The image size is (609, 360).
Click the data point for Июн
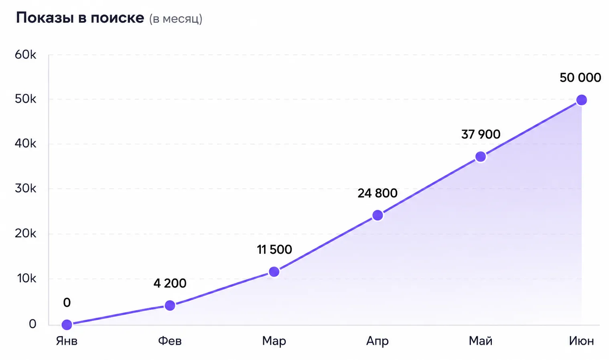[x=582, y=100]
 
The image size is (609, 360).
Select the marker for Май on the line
[x=480, y=156]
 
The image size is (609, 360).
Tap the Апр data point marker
[x=378, y=215]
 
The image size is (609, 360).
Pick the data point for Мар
[x=274, y=272]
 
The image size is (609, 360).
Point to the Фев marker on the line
[x=170, y=305]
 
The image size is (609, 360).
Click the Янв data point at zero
[x=67, y=324]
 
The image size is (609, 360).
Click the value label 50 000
[x=580, y=78]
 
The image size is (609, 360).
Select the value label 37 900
[x=481, y=134]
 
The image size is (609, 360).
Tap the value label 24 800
[x=378, y=193]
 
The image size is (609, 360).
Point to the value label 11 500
[x=274, y=249]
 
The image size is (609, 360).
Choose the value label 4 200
[x=170, y=283]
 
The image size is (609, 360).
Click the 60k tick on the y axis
[x=25, y=55]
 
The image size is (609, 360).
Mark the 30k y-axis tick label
[x=25, y=188]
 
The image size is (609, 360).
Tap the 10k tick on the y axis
[x=26, y=278]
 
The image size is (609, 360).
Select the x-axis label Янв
[x=67, y=341]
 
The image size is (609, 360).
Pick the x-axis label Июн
[x=581, y=341]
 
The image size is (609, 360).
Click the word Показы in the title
[x=45, y=18]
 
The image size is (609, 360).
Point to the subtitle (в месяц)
[x=176, y=19]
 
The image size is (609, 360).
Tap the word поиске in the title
[x=117, y=18]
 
